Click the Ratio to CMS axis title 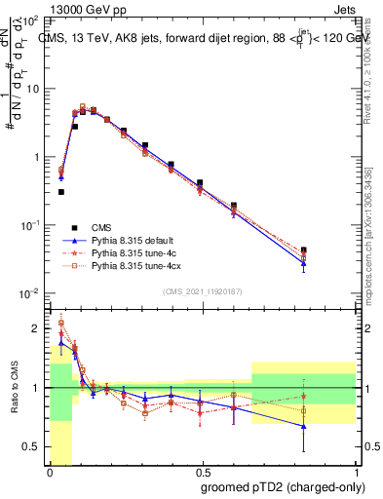[x=14, y=388]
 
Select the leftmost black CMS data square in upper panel [x=60, y=192]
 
